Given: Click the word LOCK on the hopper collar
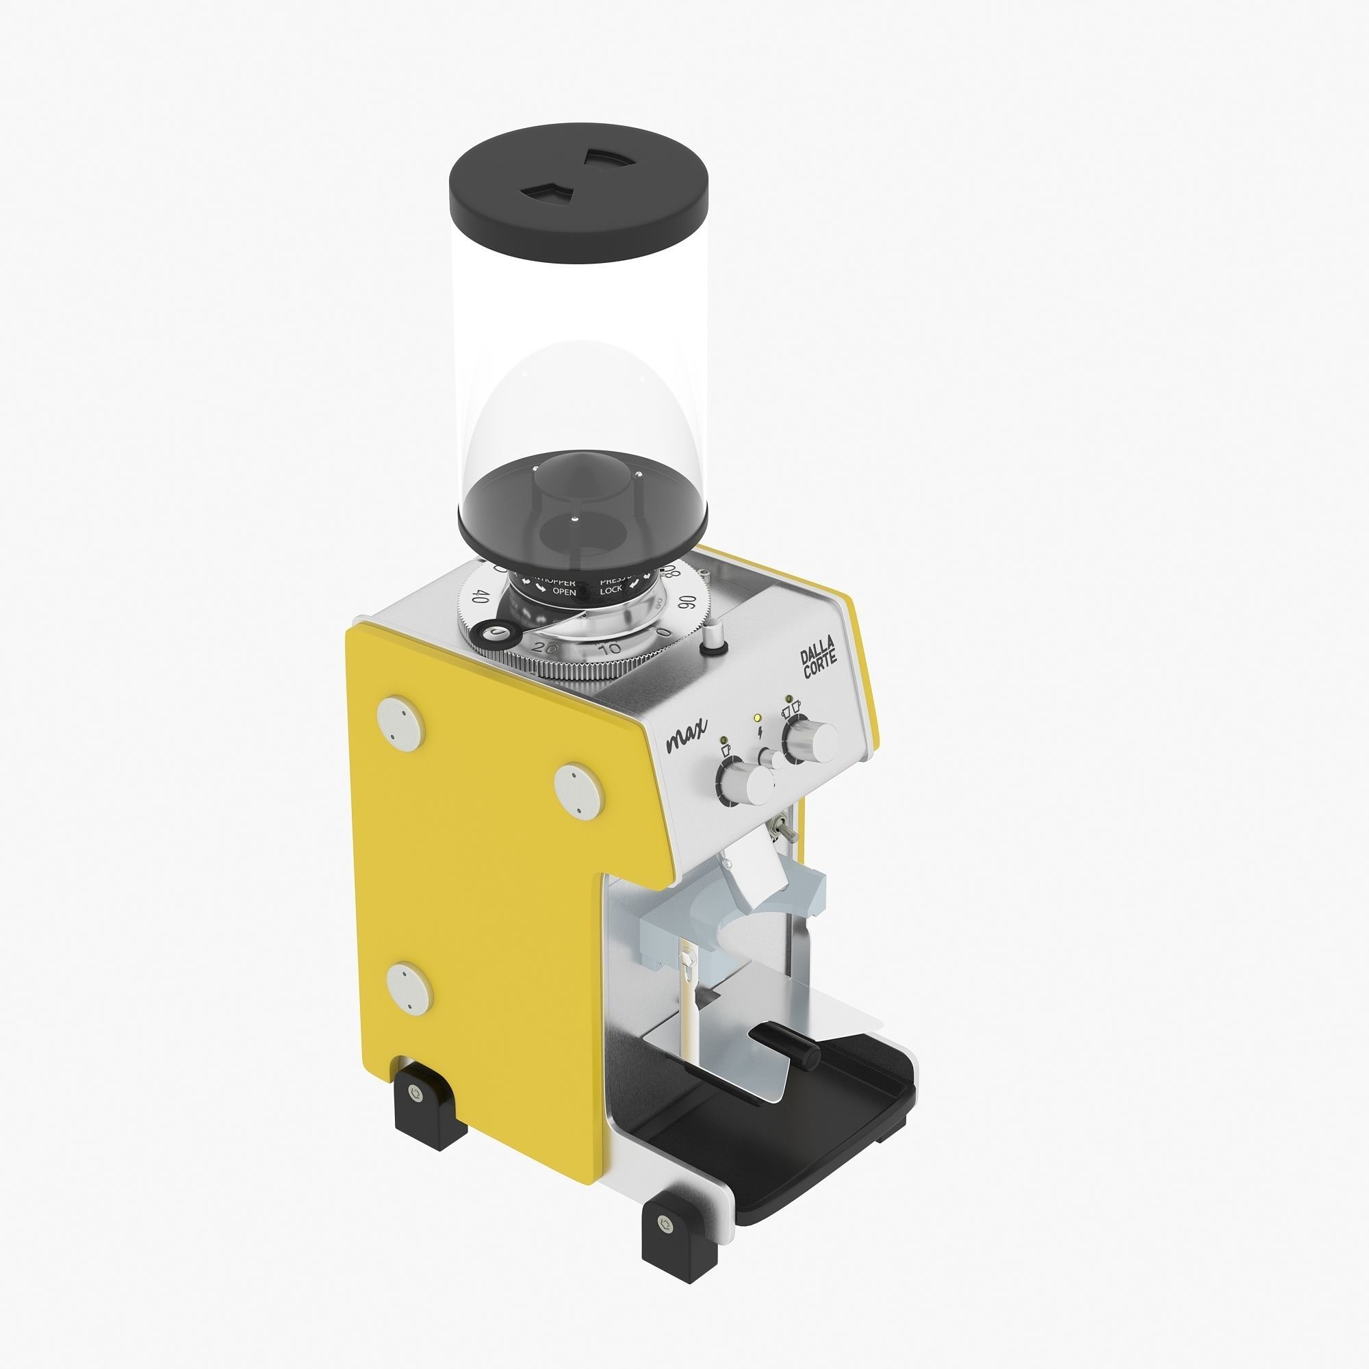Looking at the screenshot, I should click(x=611, y=589).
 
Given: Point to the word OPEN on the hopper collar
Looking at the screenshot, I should click(x=564, y=591).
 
